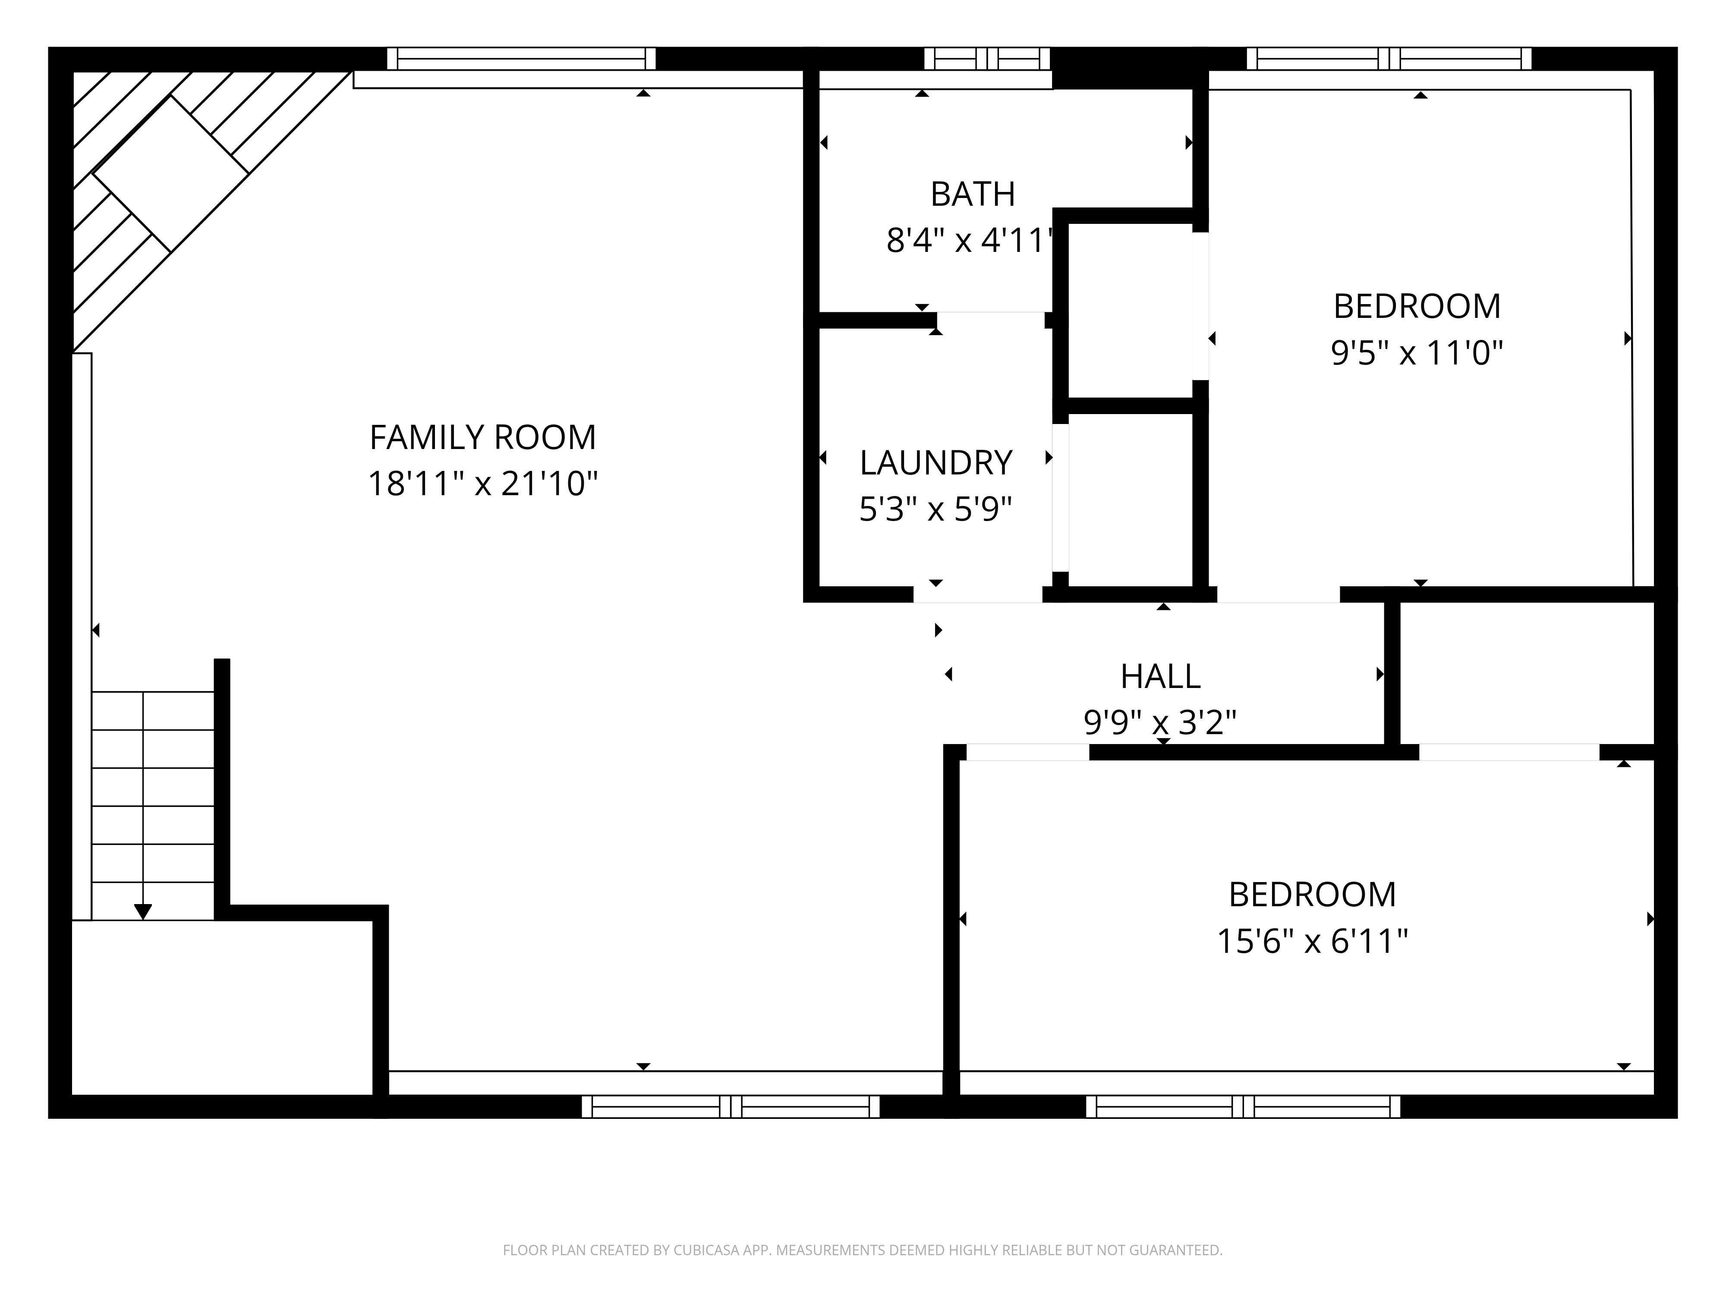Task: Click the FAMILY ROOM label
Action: (x=482, y=437)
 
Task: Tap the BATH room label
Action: (x=972, y=194)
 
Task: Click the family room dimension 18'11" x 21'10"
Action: (x=482, y=484)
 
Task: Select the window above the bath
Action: (x=987, y=59)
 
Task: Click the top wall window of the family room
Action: (x=521, y=59)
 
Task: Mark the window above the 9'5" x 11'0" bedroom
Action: (x=1389, y=59)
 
